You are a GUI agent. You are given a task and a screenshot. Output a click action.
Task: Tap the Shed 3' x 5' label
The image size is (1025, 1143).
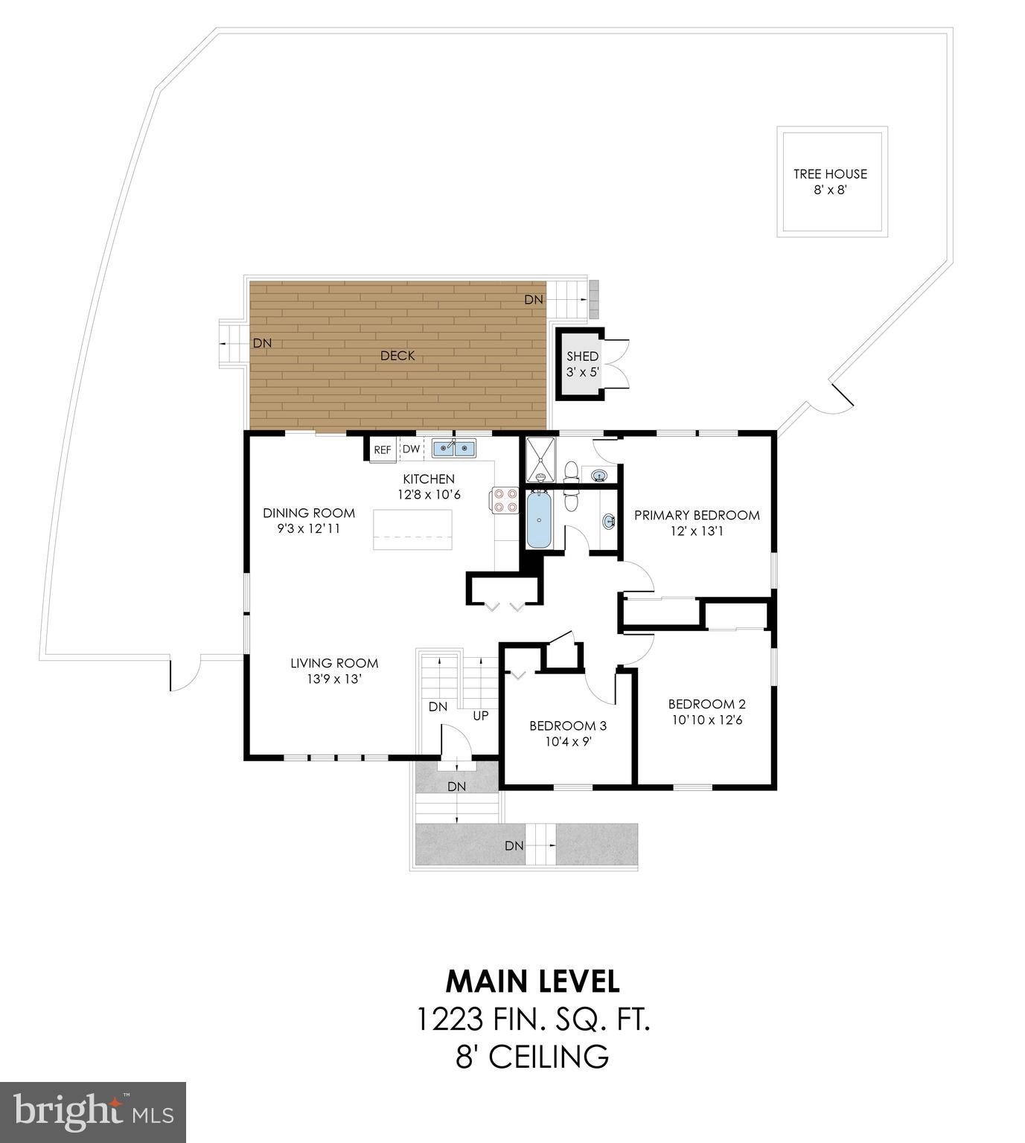coord(582,364)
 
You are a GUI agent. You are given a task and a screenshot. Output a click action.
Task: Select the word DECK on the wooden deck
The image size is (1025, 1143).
coord(397,356)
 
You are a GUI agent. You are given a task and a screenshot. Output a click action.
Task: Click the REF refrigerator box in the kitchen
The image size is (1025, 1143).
coord(382,449)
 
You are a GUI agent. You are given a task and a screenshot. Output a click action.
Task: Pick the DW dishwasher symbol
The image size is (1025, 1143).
coord(411,449)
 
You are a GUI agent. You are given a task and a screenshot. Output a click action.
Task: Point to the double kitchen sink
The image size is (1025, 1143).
coord(454,448)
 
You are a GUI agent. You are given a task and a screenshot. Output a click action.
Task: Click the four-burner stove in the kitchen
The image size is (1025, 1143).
coord(504,499)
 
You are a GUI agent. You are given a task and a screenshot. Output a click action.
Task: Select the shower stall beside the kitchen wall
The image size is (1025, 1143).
coord(540,458)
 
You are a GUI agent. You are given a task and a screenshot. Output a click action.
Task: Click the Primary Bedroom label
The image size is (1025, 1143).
coord(697,515)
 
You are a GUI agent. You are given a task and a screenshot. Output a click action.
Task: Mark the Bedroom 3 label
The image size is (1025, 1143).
coord(567,726)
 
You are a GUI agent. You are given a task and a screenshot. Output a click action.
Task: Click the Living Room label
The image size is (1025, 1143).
coord(334,663)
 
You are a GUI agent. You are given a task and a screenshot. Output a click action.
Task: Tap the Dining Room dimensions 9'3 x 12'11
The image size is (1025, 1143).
coord(309,529)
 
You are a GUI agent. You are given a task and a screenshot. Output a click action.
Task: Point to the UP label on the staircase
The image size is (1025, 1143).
coord(481,716)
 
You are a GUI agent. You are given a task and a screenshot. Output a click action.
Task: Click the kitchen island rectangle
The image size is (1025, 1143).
coord(412,529)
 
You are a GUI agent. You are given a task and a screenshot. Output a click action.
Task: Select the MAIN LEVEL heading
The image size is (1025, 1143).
coord(532,982)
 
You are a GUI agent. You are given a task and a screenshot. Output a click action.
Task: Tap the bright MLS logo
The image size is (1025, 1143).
coord(93,1112)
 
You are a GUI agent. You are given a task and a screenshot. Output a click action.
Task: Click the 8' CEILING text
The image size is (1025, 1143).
coord(532,1056)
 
